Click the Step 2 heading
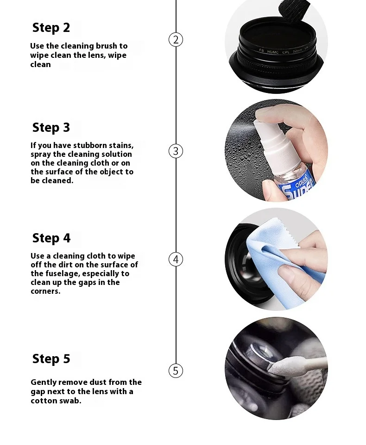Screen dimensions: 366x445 (x=51, y=28)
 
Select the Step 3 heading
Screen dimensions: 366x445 (x=51, y=128)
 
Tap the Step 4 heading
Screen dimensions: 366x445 (x=51, y=238)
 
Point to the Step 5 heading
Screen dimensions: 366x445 (x=51, y=358)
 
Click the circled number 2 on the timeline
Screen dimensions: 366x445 (x=176, y=40)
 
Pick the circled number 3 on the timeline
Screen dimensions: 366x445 (x=176, y=151)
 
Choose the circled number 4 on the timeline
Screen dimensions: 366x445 (x=176, y=260)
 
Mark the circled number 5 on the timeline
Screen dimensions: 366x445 (x=176, y=371)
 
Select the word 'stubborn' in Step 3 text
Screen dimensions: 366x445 (x=90, y=145)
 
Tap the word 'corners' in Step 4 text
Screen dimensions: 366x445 (x=45, y=291)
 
